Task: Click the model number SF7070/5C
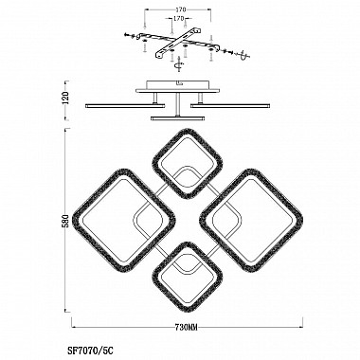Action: pos(90,350)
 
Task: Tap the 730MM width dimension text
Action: pos(187,327)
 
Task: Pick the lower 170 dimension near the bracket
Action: pos(178,19)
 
